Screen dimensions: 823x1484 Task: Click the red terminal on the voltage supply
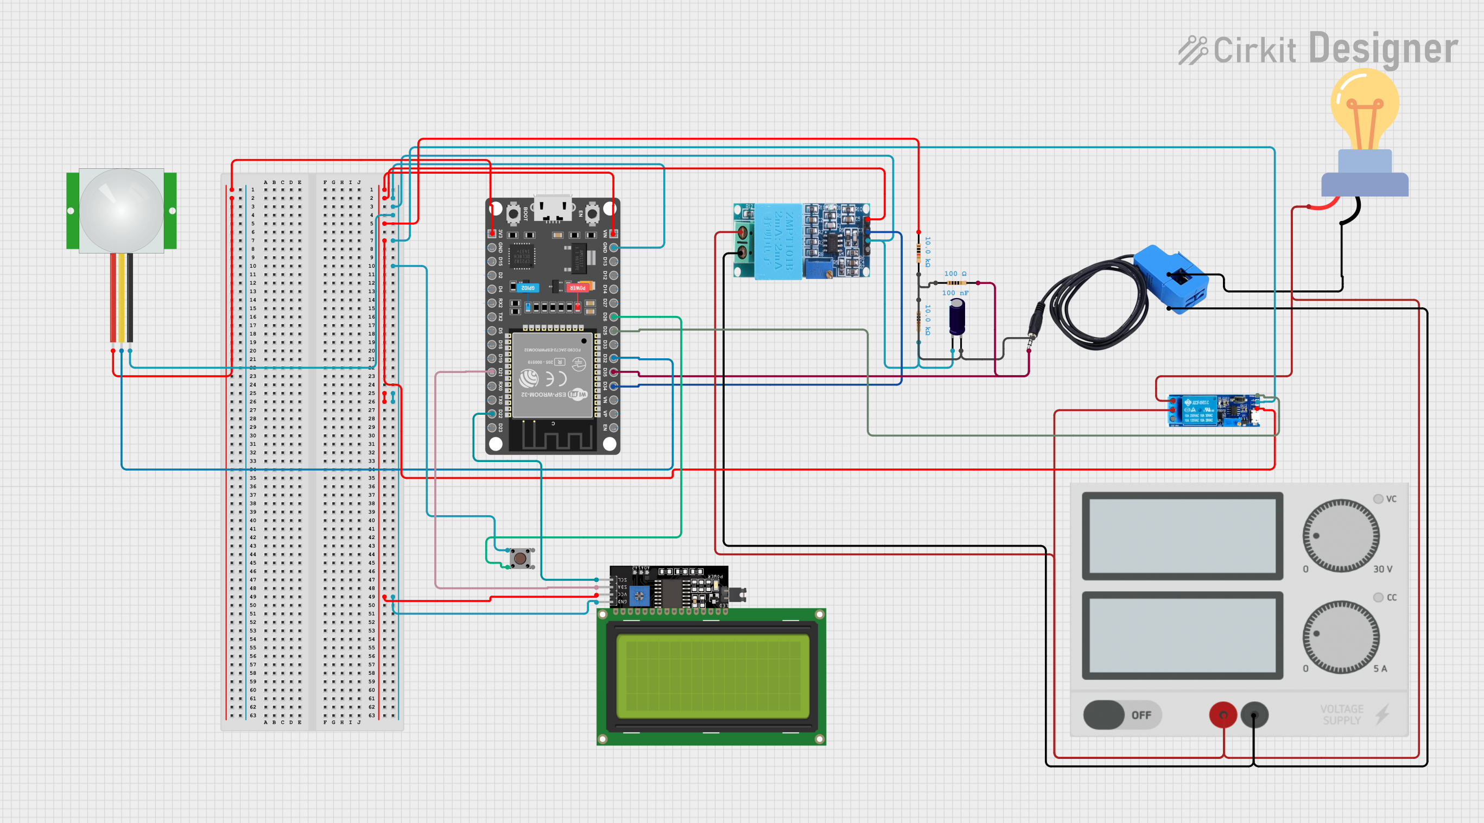(x=1222, y=715)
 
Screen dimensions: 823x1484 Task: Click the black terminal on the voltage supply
(x=1254, y=715)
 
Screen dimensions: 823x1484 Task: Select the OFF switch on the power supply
(x=1121, y=714)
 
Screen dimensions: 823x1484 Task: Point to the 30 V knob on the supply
(x=1341, y=535)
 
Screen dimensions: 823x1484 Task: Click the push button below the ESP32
(x=520, y=558)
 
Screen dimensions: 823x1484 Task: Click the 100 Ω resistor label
(x=955, y=274)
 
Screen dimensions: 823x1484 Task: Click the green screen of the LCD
(x=712, y=675)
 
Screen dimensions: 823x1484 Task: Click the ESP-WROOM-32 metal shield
(x=553, y=375)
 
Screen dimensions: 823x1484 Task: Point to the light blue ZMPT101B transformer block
(x=778, y=240)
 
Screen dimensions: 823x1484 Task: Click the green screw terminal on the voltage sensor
(x=743, y=242)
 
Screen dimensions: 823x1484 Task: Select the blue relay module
(x=1213, y=410)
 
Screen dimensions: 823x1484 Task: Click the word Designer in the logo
(x=1382, y=48)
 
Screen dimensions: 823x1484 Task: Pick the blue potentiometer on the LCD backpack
(x=639, y=596)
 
